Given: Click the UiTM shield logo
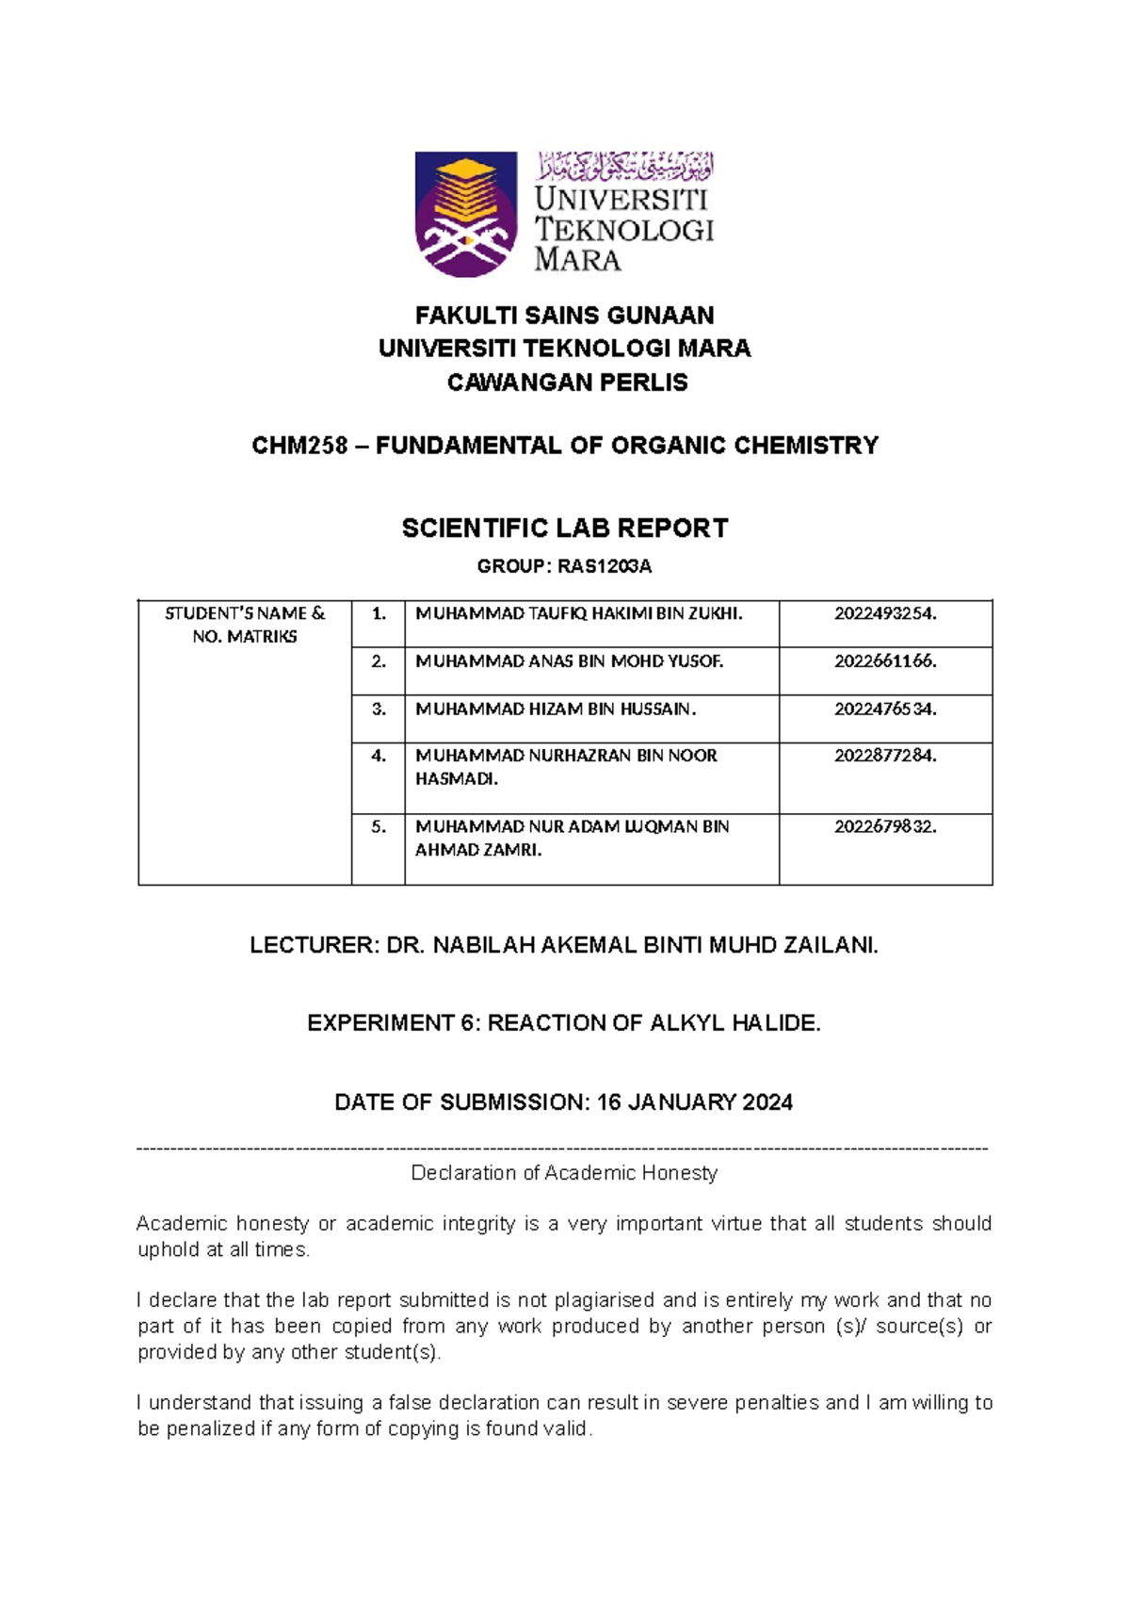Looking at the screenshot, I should (466, 214).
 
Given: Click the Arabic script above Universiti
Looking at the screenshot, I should (624, 166).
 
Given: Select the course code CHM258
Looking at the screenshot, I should (299, 446).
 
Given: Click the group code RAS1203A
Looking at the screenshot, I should (605, 566).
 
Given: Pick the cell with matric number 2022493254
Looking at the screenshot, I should (885, 614).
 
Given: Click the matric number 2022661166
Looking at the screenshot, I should (885, 661).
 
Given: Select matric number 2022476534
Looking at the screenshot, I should (885, 709).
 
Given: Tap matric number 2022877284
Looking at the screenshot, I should (885, 756).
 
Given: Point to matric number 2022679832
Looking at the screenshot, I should (885, 826).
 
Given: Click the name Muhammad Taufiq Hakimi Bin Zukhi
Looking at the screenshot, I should (578, 614).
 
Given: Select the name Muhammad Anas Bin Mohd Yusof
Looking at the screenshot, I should (569, 661).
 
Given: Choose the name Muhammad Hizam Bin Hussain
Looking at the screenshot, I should (556, 709).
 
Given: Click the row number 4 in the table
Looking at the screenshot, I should (379, 756).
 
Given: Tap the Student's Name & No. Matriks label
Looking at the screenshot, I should (245, 625).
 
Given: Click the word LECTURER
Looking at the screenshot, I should (311, 946).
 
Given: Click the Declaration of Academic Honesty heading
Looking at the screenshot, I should (564, 1173).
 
